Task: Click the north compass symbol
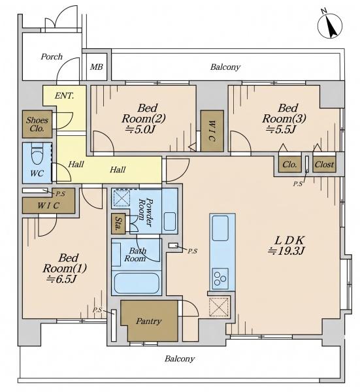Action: pyautogui.click(x=330, y=25)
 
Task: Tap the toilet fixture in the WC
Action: pyautogui.click(x=37, y=154)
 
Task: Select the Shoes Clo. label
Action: pyautogui.click(x=37, y=124)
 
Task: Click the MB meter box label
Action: pyautogui.click(x=97, y=67)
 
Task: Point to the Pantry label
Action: pyautogui.click(x=149, y=321)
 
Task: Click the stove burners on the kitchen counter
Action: pyautogui.click(x=220, y=278)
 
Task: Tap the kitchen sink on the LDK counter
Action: pyautogui.click(x=220, y=228)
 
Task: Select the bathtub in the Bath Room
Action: pyautogui.click(x=137, y=283)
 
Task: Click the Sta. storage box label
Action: pyautogui.click(x=118, y=223)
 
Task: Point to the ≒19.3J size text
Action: pyautogui.click(x=286, y=251)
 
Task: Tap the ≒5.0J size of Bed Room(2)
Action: pyautogui.click(x=140, y=129)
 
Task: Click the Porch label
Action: pyautogui.click(x=52, y=57)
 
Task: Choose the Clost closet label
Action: pyautogui.click(x=324, y=165)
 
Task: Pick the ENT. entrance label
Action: pyautogui.click(x=64, y=96)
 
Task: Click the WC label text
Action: pyautogui.click(x=37, y=173)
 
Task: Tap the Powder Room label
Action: pyautogui.click(x=145, y=212)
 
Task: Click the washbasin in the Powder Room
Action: pyautogui.click(x=170, y=221)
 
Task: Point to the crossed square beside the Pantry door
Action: pyautogui.click(x=219, y=307)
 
